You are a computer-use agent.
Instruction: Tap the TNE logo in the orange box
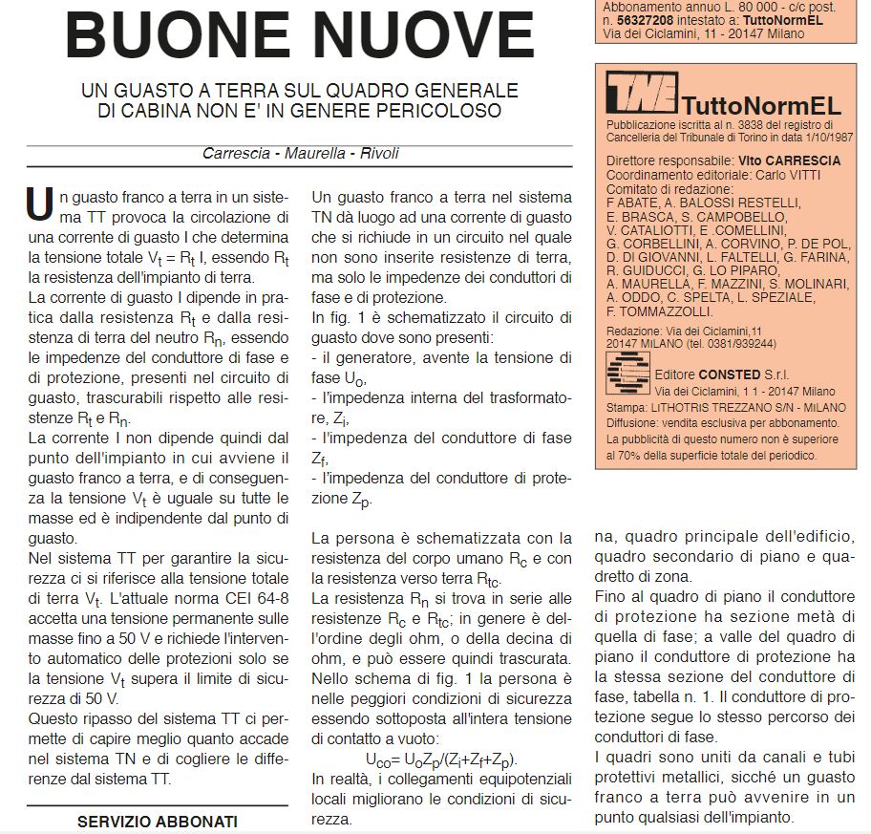click(x=641, y=94)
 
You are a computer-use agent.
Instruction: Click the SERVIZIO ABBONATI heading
click(x=158, y=821)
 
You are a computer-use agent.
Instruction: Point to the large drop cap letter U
click(x=39, y=203)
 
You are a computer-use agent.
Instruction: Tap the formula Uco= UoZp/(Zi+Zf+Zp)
click(x=441, y=759)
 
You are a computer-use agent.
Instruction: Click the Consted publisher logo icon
click(x=627, y=373)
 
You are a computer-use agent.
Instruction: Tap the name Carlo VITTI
click(x=782, y=175)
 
